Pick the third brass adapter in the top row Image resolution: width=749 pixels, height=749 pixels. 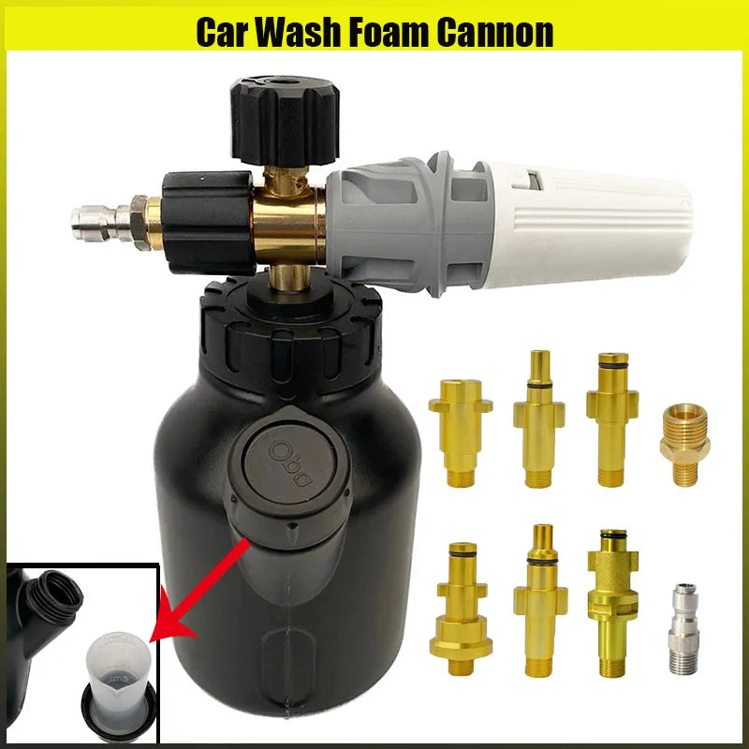612,417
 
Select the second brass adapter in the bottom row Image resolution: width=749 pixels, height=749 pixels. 540,599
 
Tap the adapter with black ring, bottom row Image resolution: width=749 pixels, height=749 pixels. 612,599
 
